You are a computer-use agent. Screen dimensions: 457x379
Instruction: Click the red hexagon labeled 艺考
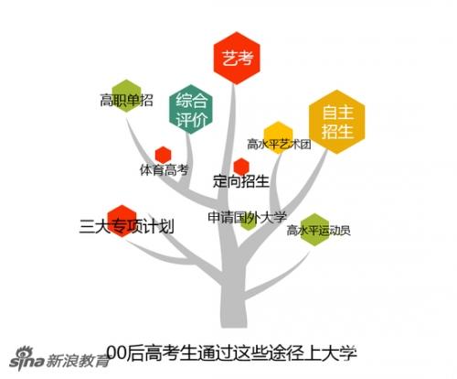237,58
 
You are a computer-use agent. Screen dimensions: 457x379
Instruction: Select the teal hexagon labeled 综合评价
191,109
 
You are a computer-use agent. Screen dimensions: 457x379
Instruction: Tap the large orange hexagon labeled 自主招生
337,122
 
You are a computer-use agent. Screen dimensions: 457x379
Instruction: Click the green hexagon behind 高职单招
126,95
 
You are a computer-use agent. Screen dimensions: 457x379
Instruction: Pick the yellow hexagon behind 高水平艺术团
278,137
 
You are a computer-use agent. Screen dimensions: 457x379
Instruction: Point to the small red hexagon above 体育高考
163,155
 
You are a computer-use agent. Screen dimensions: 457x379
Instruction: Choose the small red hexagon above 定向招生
241,167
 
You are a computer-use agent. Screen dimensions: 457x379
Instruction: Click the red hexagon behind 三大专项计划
122,221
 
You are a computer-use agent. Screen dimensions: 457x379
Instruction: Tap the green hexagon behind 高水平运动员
314,230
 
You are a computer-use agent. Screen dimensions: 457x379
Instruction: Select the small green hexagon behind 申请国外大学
249,222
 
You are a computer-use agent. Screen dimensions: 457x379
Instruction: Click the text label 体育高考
165,170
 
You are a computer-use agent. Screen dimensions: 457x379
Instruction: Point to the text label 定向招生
241,181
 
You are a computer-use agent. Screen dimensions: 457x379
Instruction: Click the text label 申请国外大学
248,217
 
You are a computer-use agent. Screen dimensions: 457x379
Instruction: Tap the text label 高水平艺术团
279,144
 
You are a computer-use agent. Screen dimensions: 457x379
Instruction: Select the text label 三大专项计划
127,226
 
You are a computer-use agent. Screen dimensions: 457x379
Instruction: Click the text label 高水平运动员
318,231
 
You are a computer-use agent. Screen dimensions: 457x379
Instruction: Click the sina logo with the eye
27,358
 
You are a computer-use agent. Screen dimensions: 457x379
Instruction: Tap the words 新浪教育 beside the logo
78,361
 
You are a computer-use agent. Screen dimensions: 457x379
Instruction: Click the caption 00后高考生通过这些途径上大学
232,353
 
